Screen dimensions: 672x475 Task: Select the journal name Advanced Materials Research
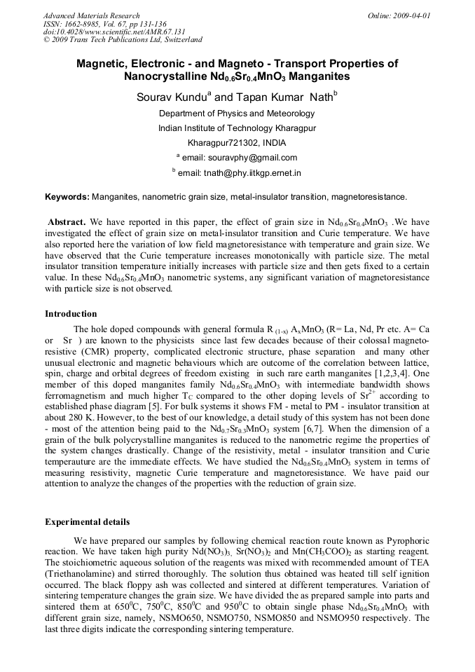pyautogui.click(x=91, y=15)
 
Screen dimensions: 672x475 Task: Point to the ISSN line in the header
pyautogui.click(x=104, y=24)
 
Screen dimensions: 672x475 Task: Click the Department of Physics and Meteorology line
pyautogui.click(x=237, y=114)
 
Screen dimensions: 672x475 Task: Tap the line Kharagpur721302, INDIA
pyautogui.click(x=237, y=143)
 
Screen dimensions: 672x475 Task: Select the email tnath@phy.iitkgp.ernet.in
pyautogui.click(x=259, y=172)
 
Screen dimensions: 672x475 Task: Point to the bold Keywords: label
pyautogui.click(x=67, y=198)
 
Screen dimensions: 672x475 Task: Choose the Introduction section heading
pyautogui.click(x=71, y=313)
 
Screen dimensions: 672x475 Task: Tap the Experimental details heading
pyautogui.click(x=87, y=522)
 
